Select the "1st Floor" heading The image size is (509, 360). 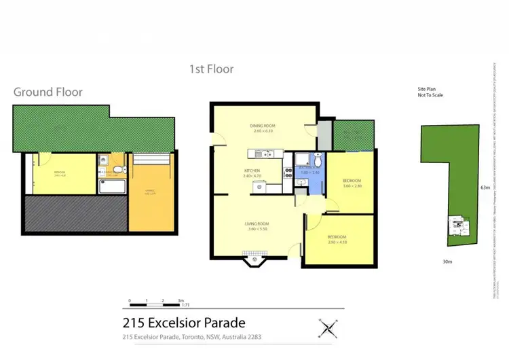[211, 69]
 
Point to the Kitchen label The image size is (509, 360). [252, 173]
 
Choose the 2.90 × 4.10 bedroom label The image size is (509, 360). [338, 240]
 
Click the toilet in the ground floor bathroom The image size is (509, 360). [118, 170]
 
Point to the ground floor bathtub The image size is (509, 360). [111, 186]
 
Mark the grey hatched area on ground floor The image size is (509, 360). [75, 215]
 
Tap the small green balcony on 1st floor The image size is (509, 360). [354, 135]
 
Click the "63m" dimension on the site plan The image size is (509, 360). [485, 187]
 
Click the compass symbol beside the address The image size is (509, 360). [328, 329]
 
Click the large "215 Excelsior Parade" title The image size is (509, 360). [183, 323]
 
